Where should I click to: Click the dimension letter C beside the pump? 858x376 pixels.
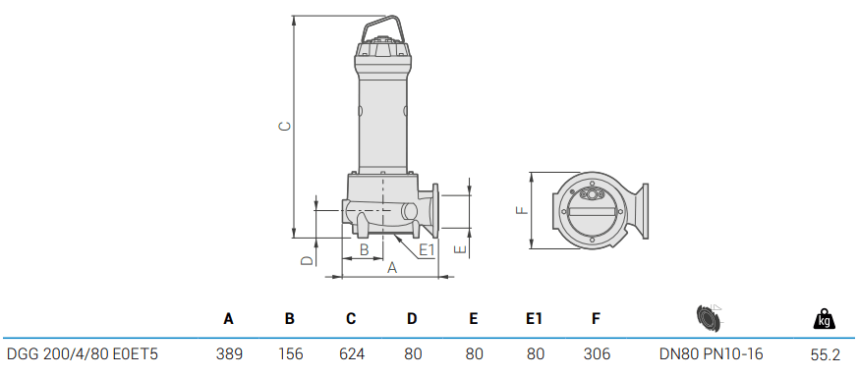tap(283, 127)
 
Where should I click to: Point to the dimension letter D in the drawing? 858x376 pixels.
tap(306, 260)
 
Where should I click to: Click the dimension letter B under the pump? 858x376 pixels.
tap(364, 250)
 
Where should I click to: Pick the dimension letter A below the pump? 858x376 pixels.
tap(391, 267)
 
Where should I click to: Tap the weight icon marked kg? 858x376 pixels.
tap(824, 318)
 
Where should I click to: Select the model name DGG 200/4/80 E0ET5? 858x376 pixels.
tap(83, 353)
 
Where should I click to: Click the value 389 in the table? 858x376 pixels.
tap(229, 353)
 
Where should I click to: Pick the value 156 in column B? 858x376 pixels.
tap(290, 353)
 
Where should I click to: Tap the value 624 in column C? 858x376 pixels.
tap(351, 353)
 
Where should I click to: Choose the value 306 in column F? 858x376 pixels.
tap(596, 353)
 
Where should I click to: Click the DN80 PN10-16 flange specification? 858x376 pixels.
tap(711, 353)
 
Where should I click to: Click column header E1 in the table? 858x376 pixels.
tap(534, 319)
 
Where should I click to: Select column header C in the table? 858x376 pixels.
tap(351, 319)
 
